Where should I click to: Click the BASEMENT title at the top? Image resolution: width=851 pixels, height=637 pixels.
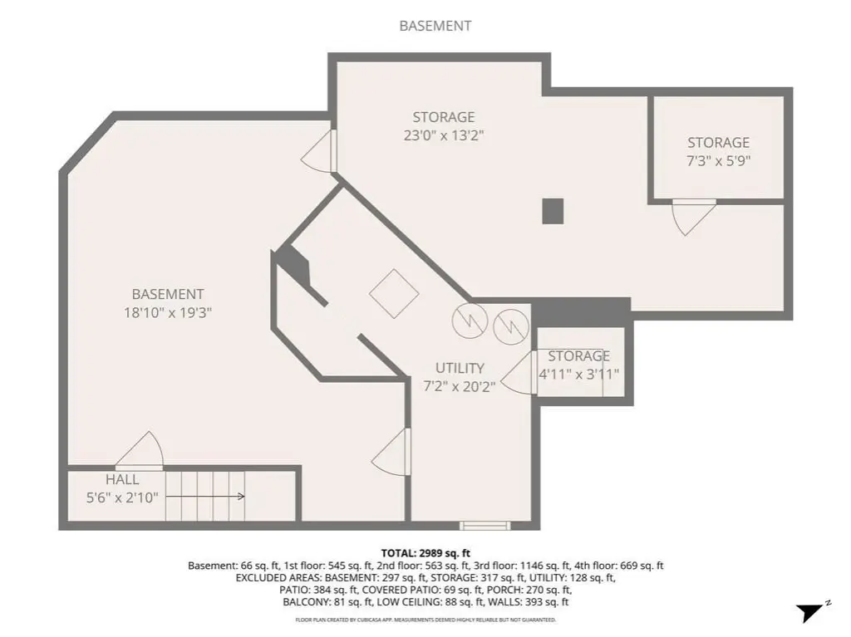[x=435, y=26]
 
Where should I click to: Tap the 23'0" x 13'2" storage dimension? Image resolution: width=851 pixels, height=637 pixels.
[x=444, y=135]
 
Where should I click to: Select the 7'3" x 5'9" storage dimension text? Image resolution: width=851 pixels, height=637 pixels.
[x=719, y=160]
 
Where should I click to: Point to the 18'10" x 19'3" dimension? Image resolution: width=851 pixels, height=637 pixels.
[x=168, y=312]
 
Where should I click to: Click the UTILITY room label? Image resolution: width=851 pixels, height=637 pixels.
[x=460, y=368]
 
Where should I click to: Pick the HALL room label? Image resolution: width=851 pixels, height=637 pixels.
[x=122, y=480]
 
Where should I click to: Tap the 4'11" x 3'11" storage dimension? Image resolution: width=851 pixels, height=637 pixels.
[x=578, y=375]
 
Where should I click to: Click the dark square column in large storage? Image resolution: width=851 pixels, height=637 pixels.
[x=553, y=211]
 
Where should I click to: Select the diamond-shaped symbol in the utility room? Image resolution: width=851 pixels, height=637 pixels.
[x=394, y=293]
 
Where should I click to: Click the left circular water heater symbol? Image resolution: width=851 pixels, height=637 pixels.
[x=470, y=321]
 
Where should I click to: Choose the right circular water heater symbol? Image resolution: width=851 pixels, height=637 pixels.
[x=511, y=326]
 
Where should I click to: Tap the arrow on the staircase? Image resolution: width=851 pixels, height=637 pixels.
[x=205, y=497]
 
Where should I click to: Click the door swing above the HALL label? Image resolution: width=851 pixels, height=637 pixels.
[x=140, y=450]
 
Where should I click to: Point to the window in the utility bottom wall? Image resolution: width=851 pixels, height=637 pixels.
[x=485, y=525]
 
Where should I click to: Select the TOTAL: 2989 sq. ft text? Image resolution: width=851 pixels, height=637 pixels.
[x=425, y=553]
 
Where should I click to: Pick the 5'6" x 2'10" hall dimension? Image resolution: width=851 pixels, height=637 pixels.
[x=122, y=497]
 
